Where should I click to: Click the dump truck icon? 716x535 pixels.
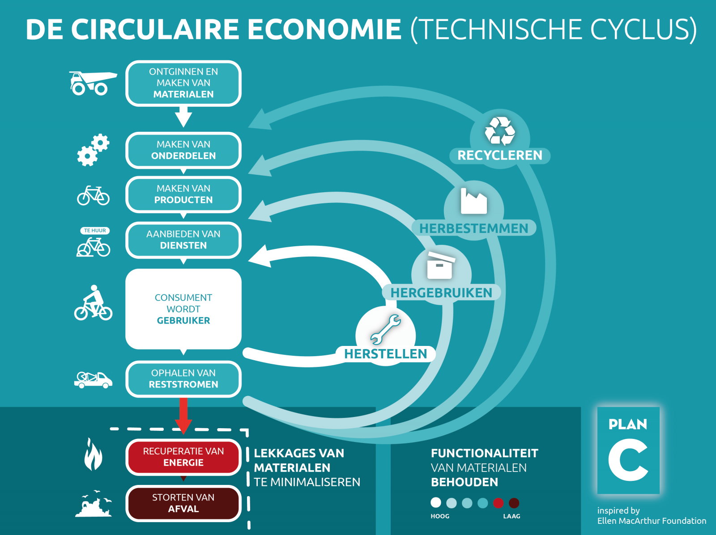click(x=93, y=83)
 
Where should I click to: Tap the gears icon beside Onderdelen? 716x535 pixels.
click(x=93, y=150)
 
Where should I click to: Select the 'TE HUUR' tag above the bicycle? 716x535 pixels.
click(x=95, y=231)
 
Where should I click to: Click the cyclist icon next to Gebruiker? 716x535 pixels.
click(x=93, y=303)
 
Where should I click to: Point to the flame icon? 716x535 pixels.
click(x=93, y=454)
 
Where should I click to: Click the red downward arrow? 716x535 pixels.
click(x=183, y=416)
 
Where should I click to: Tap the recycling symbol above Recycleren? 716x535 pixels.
click(x=500, y=131)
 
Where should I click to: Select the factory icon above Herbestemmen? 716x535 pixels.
click(x=473, y=202)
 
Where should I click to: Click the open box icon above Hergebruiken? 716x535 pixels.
click(x=440, y=265)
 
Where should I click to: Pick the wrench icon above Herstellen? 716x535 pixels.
click(x=386, y=329)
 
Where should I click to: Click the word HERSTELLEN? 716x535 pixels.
click(x=386, y=354)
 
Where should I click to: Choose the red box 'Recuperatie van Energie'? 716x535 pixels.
click(x=183, y=457)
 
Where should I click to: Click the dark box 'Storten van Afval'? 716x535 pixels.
click(x=183, y=503)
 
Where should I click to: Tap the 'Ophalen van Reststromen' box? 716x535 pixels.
click(x=183, y=379)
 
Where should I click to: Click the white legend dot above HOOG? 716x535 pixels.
click(x=436, y=503)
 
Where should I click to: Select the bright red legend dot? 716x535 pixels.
click(x=498, y=503)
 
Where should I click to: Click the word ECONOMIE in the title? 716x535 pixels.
click(x=324, y=29)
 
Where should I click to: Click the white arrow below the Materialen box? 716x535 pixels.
click(x=183, y=117)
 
